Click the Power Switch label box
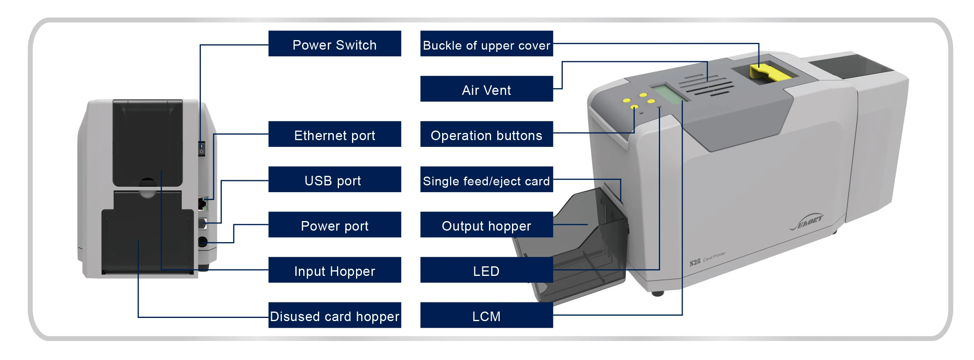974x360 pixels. tap(335, 44)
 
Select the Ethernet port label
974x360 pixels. tap(335, 134)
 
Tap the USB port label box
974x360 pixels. tap(335, 179)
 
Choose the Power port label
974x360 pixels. tap(335, 225)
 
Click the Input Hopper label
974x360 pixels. tap(335, 270)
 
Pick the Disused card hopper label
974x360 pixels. tap(335, 315)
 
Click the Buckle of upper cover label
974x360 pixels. tap(486, 44)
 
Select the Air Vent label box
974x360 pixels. tap(486, 89)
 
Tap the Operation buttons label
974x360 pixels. tap(486, 134)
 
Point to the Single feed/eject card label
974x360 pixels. tap(486, 179)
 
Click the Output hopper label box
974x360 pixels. tap(486, 225)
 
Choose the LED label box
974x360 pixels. tap(486, 270)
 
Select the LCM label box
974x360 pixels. tap(486, 315)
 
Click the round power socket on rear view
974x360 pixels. tap(202, 241)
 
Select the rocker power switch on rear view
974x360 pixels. tap(202, 148)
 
